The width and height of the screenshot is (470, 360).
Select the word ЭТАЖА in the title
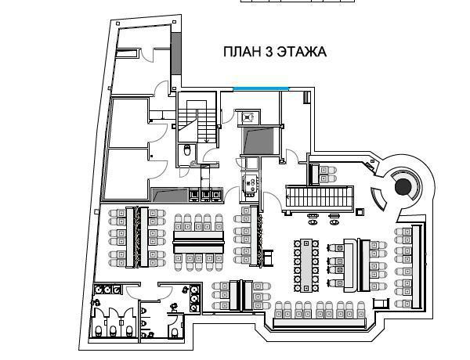302,52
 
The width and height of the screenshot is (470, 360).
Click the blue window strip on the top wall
261,88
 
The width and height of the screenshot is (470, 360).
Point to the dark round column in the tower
403,186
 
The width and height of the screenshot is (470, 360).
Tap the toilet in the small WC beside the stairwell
187,150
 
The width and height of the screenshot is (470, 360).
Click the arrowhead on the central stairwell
206,140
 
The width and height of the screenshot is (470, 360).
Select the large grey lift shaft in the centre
258,140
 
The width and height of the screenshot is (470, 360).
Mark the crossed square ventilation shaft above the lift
248,117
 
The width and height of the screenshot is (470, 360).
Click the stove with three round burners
250,185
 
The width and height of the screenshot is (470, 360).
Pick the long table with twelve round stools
306,265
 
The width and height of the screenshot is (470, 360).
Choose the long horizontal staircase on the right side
320,196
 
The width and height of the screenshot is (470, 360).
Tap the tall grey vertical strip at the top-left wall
176,54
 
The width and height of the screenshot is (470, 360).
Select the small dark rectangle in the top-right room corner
306,98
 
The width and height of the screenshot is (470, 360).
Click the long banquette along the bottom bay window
320,322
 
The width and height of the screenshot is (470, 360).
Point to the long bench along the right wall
417,267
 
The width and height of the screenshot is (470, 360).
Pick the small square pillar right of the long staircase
360,212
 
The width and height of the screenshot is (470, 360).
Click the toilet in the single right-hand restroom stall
175,332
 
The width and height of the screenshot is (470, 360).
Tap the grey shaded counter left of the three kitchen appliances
170,195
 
